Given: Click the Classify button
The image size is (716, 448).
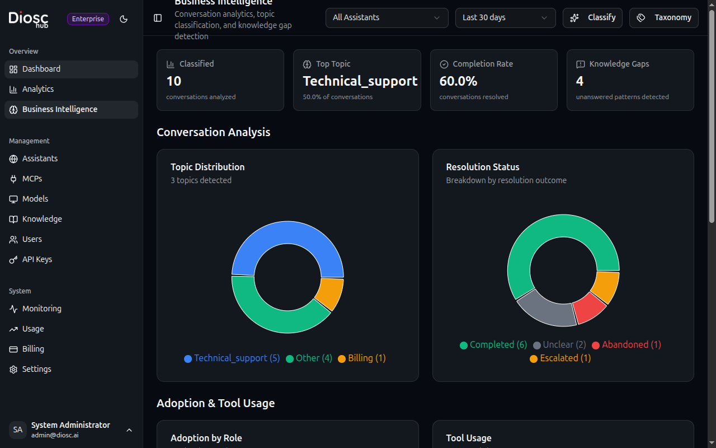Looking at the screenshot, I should pyautogui.click(x=592, y=18).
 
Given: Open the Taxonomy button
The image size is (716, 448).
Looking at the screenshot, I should pyautogui.click(x=663, y=18).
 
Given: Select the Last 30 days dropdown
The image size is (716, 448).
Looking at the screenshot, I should pyautogui.click(x=505, y=18).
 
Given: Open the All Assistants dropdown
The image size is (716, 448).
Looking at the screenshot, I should pyautogui.click(x=387, y=18).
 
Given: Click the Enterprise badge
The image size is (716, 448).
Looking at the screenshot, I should pyautogui.click(x=88, y=19).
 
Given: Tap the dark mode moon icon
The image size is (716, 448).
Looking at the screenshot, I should pyautogui.click(x=124, y=19).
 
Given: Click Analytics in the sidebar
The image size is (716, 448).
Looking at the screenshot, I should pyautogui.click(x=38, y=89).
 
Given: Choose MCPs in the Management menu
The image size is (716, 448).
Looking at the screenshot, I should pyautogui.click(x=32, y=179).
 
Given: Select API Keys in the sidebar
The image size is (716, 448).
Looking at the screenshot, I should pyautogui.click(x=37, y=259).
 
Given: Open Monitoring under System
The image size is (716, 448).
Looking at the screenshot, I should pyautogui.click(x=41, y=309).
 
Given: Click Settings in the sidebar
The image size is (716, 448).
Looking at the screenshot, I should pyautogui.click(x=36, y=369).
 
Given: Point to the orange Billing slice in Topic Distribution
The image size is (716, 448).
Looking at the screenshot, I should pyautogui.click(x=330, y=293).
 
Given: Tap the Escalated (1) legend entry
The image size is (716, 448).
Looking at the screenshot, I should pyautogui.click(x=560, y=358).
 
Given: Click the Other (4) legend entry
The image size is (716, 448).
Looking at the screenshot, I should pyautogui.click(x=309, y=358).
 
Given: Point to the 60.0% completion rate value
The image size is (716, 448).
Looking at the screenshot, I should pyautogui.click(x=458, y=81).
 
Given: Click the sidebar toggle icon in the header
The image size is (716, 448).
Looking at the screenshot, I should pyautogui.click(x=158, y=18).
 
